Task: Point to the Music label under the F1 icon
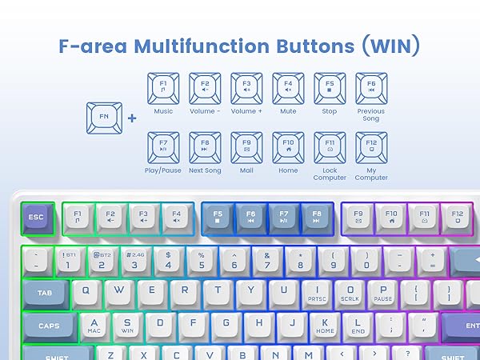(162, 111)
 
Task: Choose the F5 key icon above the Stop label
(330, 86)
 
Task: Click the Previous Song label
(371, 116)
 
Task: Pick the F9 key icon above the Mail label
(246, 146)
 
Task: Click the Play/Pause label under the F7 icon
(162, 170)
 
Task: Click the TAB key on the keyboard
(45, 294)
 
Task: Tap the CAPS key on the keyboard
(49, 326)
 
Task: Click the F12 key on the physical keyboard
(458, 217)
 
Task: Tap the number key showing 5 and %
(201, 260)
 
